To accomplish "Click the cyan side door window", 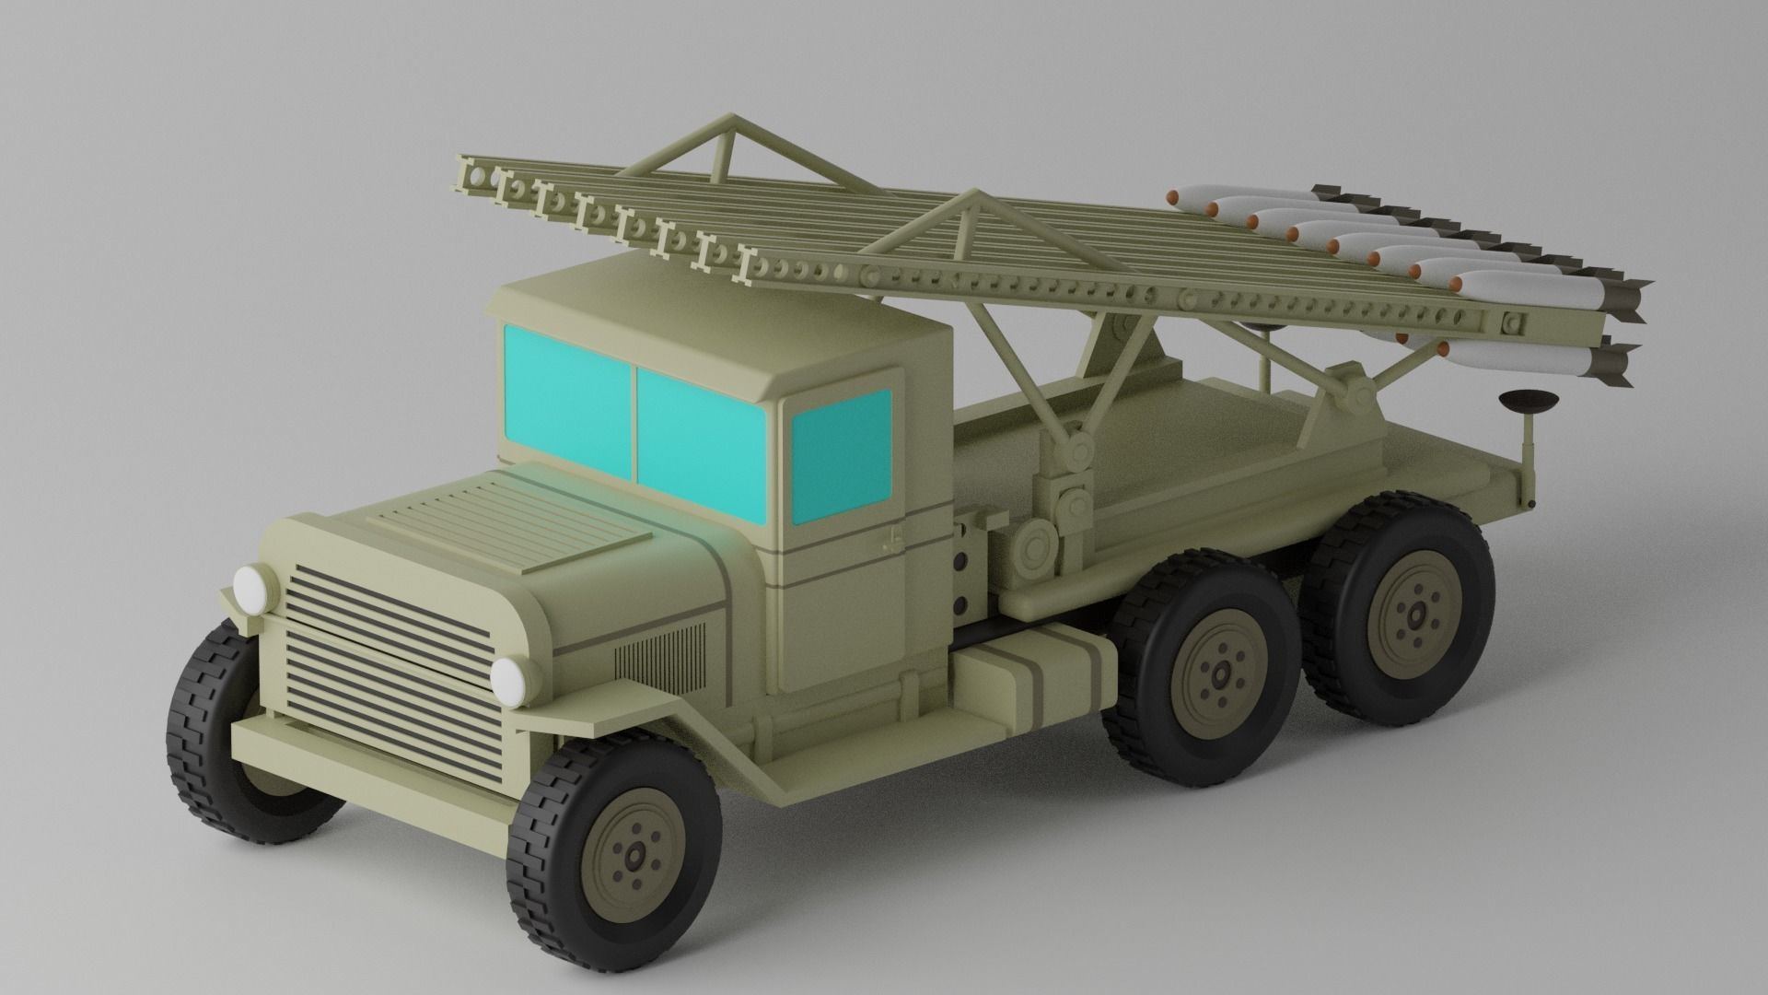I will pos(840,456).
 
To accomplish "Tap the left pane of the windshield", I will pos(567,399).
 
